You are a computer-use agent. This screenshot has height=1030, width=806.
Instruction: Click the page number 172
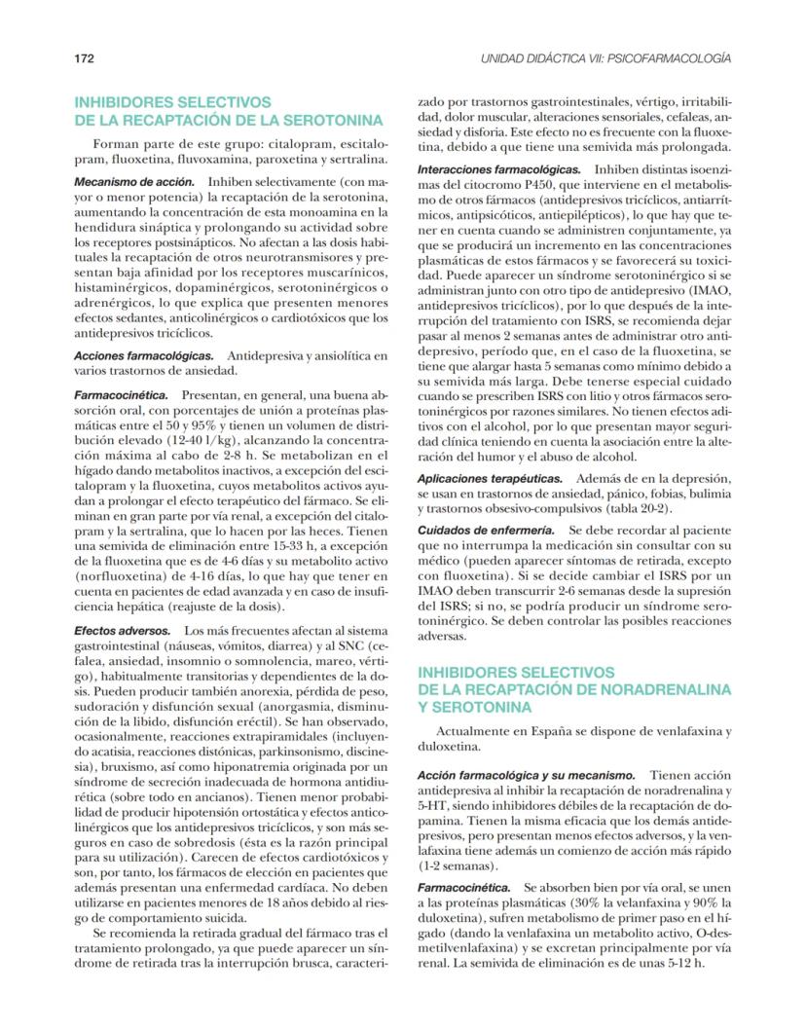click(x=85, y=58)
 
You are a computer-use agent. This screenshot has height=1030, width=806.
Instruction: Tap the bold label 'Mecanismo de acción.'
click(x=134, y=182)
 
